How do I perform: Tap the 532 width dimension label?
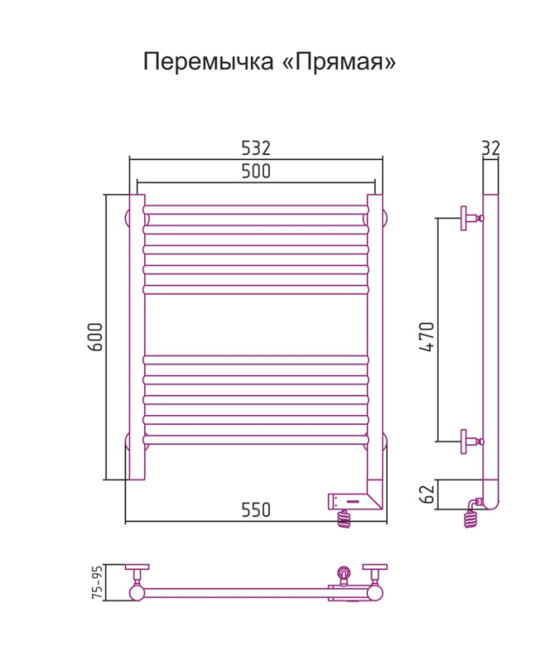pyautogui.click(x=255, y=148)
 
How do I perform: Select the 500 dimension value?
pyautogui.click(x=255, y=172)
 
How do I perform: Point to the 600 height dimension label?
pyautogui.click(x=96, y=337)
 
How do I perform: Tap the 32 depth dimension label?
pyautogui.click(x=490, y=149)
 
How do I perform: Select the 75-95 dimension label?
pyautogui.click(x=98, y=581)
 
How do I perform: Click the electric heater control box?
pyautogui.click(x=350, y=501)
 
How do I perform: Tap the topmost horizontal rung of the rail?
pyautogui.click(x=255, y=211)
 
